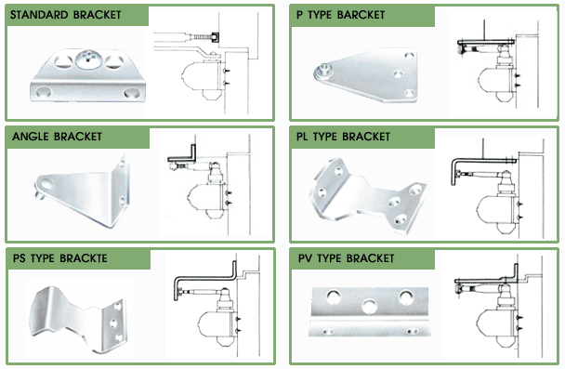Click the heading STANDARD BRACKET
(x=66, y=15)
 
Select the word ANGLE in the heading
(x=31, y=137)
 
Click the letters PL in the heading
(x=302, y=137)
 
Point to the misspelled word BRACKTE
(x=84, y=258)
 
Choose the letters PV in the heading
(x=305, y=258)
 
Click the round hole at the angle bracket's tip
(x=46, y=184)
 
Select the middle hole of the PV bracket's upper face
(x=369, y=307)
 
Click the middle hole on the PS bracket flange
(x=114, y=323)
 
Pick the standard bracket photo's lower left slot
(x=44, y=92)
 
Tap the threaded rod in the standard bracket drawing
(x=201, y=37)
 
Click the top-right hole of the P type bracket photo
(x=409, y=56)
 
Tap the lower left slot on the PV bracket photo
(x=328, y=331)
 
